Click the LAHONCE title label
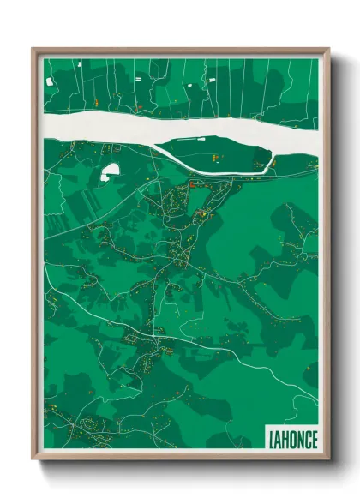[x=292, y=439]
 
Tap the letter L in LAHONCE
[x=271, y=439]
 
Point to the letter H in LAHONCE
[x=285, y=439]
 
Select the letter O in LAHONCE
[x=292, y=439]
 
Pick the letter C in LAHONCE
[x=307, y=439]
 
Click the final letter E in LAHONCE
[x=314, y=439]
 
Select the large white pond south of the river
[x=111, y=172]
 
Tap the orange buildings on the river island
[x=214, y=158]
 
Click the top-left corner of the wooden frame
[x=33, y=50]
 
